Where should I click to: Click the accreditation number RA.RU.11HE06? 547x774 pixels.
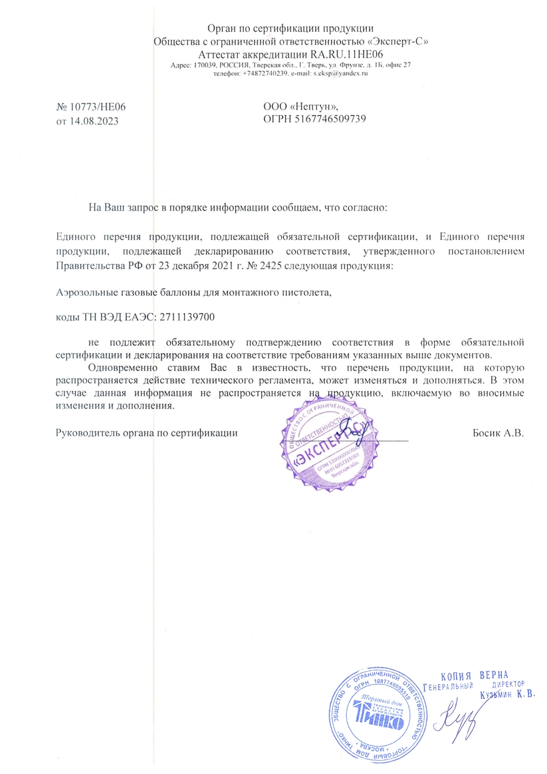point(351,54)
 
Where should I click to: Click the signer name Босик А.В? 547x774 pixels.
point(498,433)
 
